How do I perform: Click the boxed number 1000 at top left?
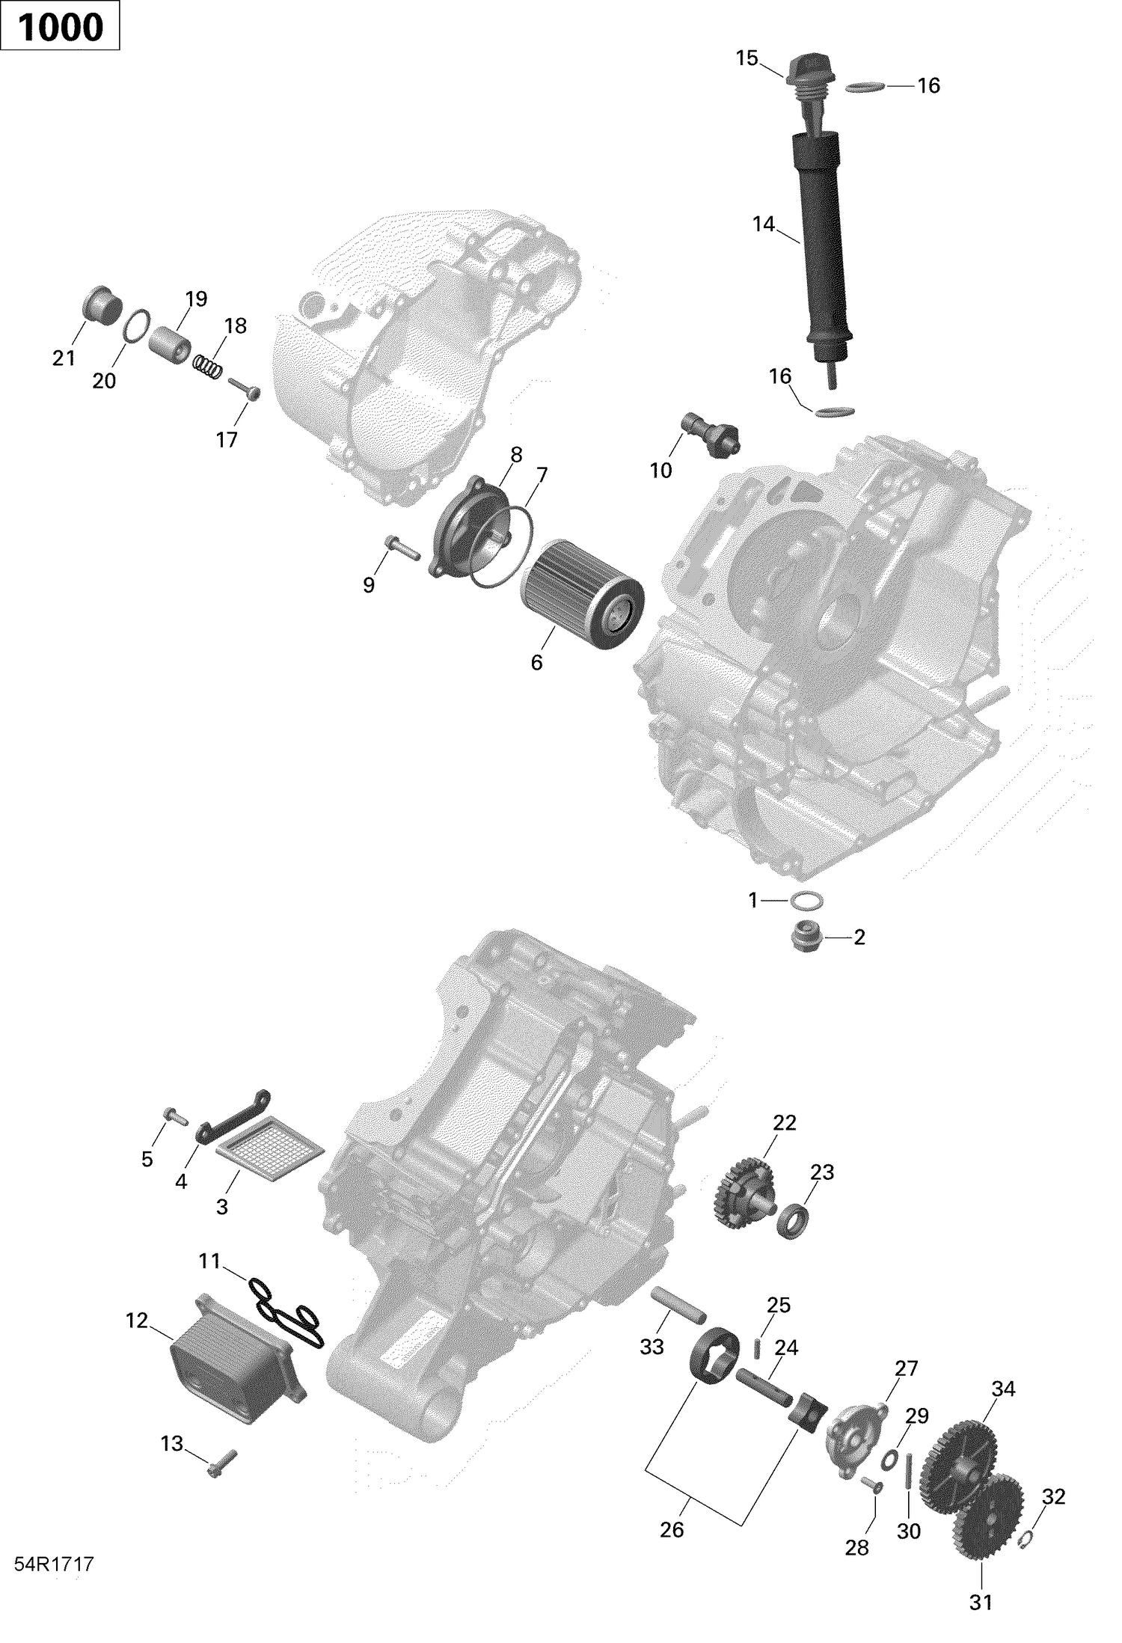(x=60, y=27)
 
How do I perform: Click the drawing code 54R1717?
(x=53, y=1564)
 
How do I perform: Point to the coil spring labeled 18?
(x=209, y=364)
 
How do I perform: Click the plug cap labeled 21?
(x=101, y=305)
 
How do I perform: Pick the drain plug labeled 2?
(x=808, y=937)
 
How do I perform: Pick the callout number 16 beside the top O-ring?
(x=928, y=86)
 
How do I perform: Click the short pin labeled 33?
(x=678, y=1305)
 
